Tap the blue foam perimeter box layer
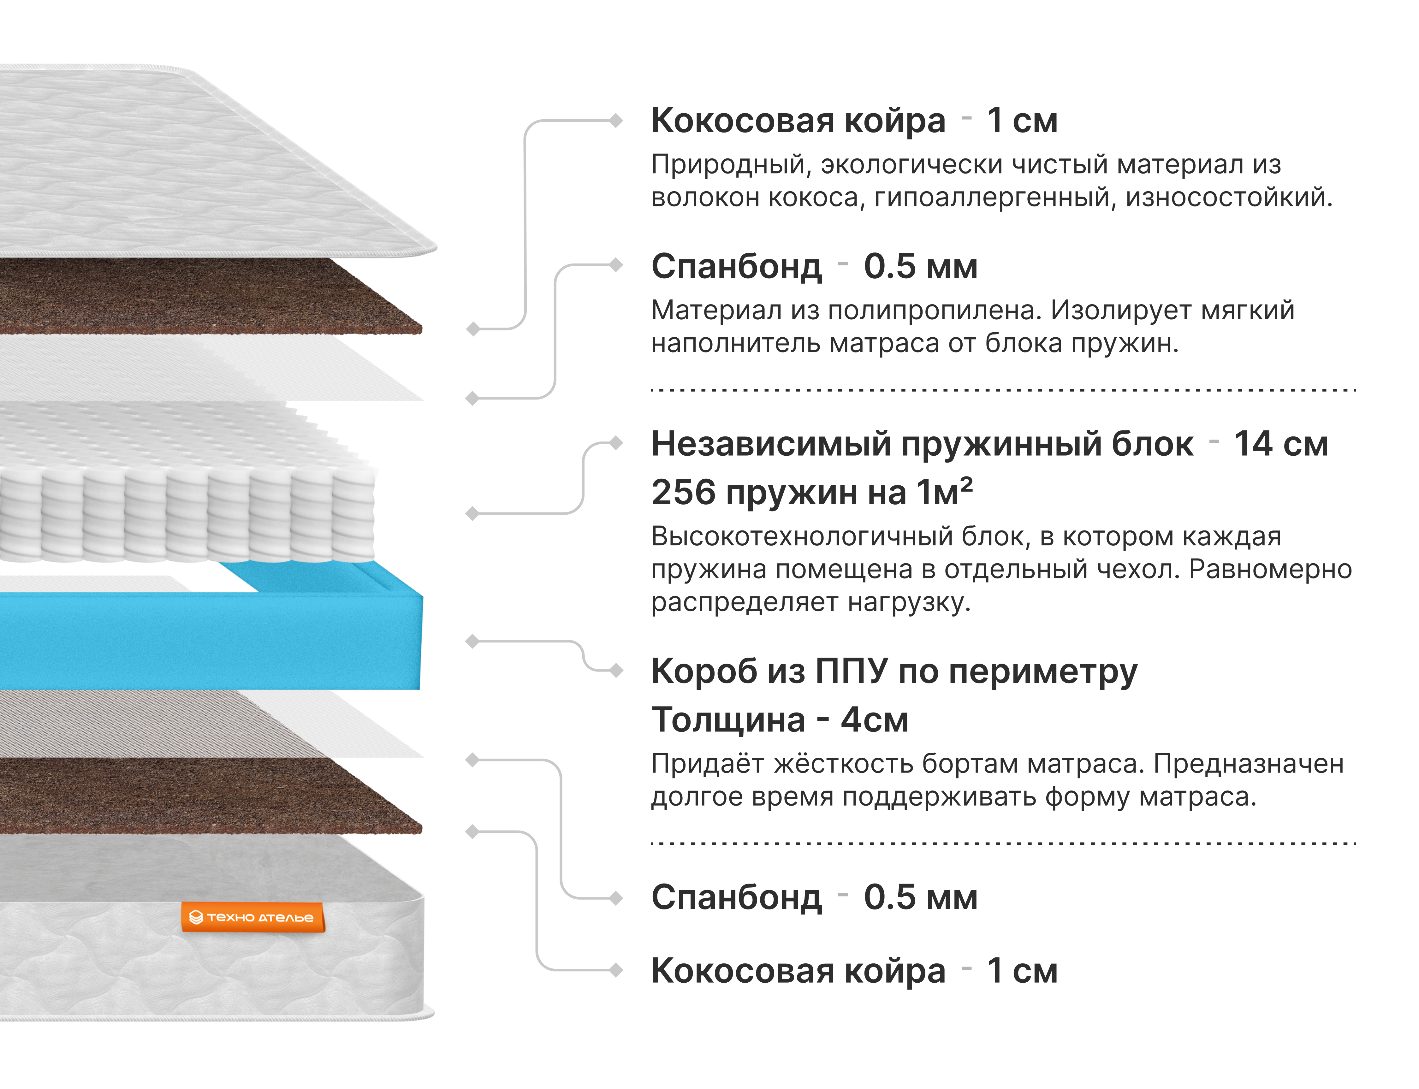tap(207, 642)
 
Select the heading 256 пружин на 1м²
tap(811, 493)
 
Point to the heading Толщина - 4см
tap(779, 719)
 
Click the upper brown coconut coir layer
tap(194, 298)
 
